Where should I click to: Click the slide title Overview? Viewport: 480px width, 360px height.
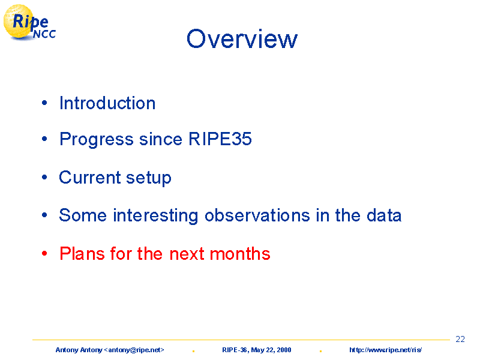tap(242, 38)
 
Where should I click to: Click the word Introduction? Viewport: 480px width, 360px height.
tap(107, 103)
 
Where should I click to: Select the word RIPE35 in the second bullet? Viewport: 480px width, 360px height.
tap(220, 139)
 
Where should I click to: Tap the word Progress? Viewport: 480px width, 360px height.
tap(97, 140)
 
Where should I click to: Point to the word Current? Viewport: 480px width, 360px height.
tap(90, 177)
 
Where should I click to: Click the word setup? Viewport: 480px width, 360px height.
tap(149, 178)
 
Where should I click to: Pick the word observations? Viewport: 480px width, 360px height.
tap(257, 215)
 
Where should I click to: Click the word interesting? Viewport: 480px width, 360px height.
tap(155, 216)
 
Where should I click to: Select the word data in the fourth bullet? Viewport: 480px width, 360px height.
tap(384, 215)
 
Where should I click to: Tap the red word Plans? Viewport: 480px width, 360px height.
tap(82, 253)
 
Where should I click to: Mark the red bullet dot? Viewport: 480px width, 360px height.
tap(44, 253)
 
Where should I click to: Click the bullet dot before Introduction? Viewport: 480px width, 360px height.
tap(44, 103)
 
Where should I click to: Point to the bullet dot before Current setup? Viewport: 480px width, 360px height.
tap(44, 177)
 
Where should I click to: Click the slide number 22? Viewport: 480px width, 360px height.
tap(460, 339)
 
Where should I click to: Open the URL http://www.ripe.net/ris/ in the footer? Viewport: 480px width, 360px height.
tap(385, 350)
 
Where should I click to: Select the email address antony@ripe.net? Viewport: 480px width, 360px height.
tap(136, 350)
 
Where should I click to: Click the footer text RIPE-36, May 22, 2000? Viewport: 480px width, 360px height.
tap(257, 350)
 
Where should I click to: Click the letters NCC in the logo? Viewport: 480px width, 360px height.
tap(44, 34)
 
